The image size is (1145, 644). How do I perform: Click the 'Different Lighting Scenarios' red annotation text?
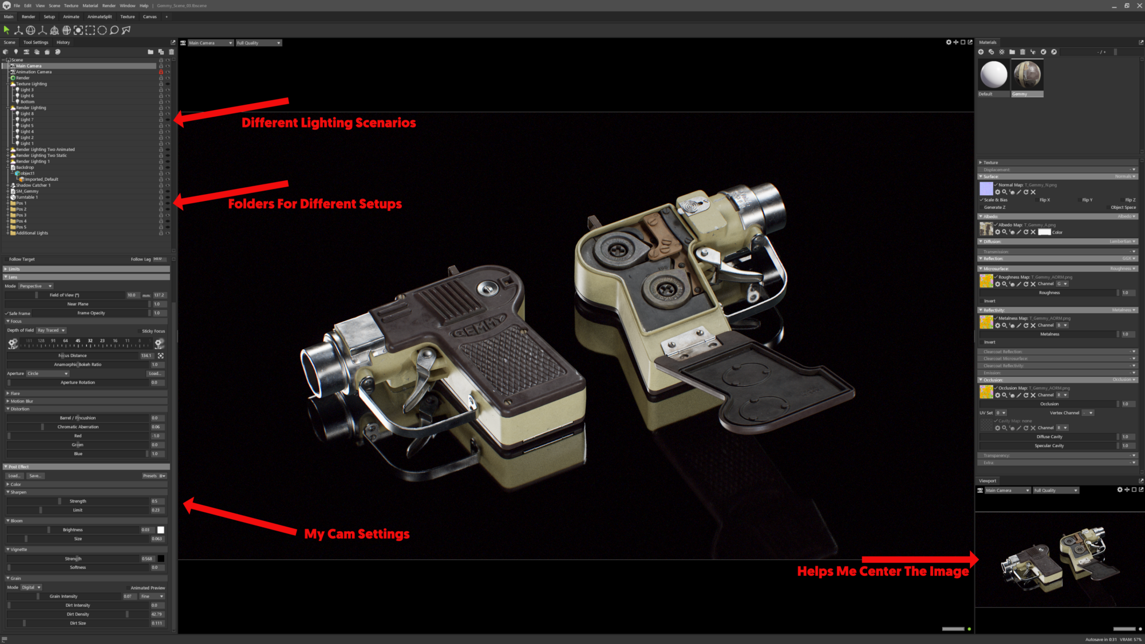(x=329, y=123)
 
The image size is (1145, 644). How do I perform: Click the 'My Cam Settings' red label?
(x=357, y=534)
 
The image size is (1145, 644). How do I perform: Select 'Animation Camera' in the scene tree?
(x=34, y=72)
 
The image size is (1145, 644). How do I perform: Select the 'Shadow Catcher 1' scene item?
(x=33, y=185)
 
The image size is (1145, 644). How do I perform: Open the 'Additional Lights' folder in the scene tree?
(x=32, y=233)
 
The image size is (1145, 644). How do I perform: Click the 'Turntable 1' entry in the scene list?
(x=27, y=197)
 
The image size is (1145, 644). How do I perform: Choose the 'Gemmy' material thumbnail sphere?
(x=1027, y=75)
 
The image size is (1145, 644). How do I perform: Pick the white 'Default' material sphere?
(x=993, y=75)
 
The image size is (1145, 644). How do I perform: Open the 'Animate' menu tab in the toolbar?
(x=71, y=17)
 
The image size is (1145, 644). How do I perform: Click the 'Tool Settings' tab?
(x=35, y=42)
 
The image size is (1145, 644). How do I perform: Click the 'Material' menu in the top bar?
(x=90, y=6)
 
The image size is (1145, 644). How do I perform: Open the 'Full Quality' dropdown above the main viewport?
(x=259, y=43)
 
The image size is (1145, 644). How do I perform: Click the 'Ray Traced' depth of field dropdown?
(x=52, y=330)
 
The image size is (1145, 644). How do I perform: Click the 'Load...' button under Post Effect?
(x=14, y=476)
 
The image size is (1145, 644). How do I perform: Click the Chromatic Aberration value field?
(x=156, y=427)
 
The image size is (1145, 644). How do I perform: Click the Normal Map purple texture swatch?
(x=986, y=188)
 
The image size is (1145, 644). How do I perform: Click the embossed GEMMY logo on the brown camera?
(x=478, y=327)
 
